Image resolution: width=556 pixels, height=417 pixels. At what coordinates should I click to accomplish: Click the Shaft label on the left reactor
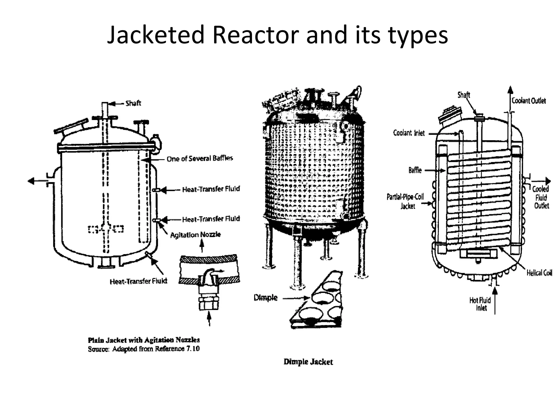pyautogui.click(x=133, y=103)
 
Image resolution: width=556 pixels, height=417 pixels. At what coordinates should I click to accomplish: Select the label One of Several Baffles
pyautogui.click(x=200, y=159)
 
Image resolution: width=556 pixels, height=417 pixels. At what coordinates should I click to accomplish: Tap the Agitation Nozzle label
pyautogui.click(x=195, y=235)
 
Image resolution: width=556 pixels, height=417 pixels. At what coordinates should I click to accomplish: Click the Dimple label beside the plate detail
pyautogui.click(x=266, y=298)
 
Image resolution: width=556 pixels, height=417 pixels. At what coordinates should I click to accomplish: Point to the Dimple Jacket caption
pyautogui.click(x=308, y=362)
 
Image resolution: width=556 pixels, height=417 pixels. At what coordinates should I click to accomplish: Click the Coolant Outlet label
pyautogui.click(x=529, y=101)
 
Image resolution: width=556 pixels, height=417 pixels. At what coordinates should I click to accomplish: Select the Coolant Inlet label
pyautogui.click(x=409, y=133)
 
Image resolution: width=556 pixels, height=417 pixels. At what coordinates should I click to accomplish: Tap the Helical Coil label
pyautogui.click(x=539, y=273)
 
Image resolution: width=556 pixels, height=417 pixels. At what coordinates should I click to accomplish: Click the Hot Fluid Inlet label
pyautogui.click(x=480, y=304)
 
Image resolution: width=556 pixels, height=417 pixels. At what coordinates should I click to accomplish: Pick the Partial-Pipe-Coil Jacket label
pyautogui.click(x=405, y=201)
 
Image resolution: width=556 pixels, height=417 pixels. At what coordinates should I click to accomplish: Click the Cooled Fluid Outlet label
pyautogui.click(x=541, y=197)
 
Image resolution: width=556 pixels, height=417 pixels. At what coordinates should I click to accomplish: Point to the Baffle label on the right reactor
pyautogui.click(x=415, y=170)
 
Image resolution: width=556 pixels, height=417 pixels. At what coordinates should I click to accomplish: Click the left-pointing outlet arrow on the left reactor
pyautogui.click(x=34, y=181)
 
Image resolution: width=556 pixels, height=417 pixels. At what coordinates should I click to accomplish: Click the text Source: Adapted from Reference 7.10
pyautogui.click(x=144, y=349)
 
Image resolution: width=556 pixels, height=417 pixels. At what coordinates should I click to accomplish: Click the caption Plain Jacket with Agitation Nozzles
pyautogui.click(x=144, y=340)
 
